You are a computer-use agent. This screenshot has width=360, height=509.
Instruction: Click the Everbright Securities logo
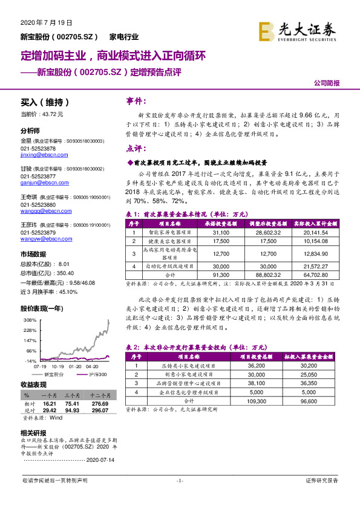coord(297,30)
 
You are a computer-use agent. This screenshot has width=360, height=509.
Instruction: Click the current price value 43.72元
coord(51,114)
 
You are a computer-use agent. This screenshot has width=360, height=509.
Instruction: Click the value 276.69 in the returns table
coord(99,403)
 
